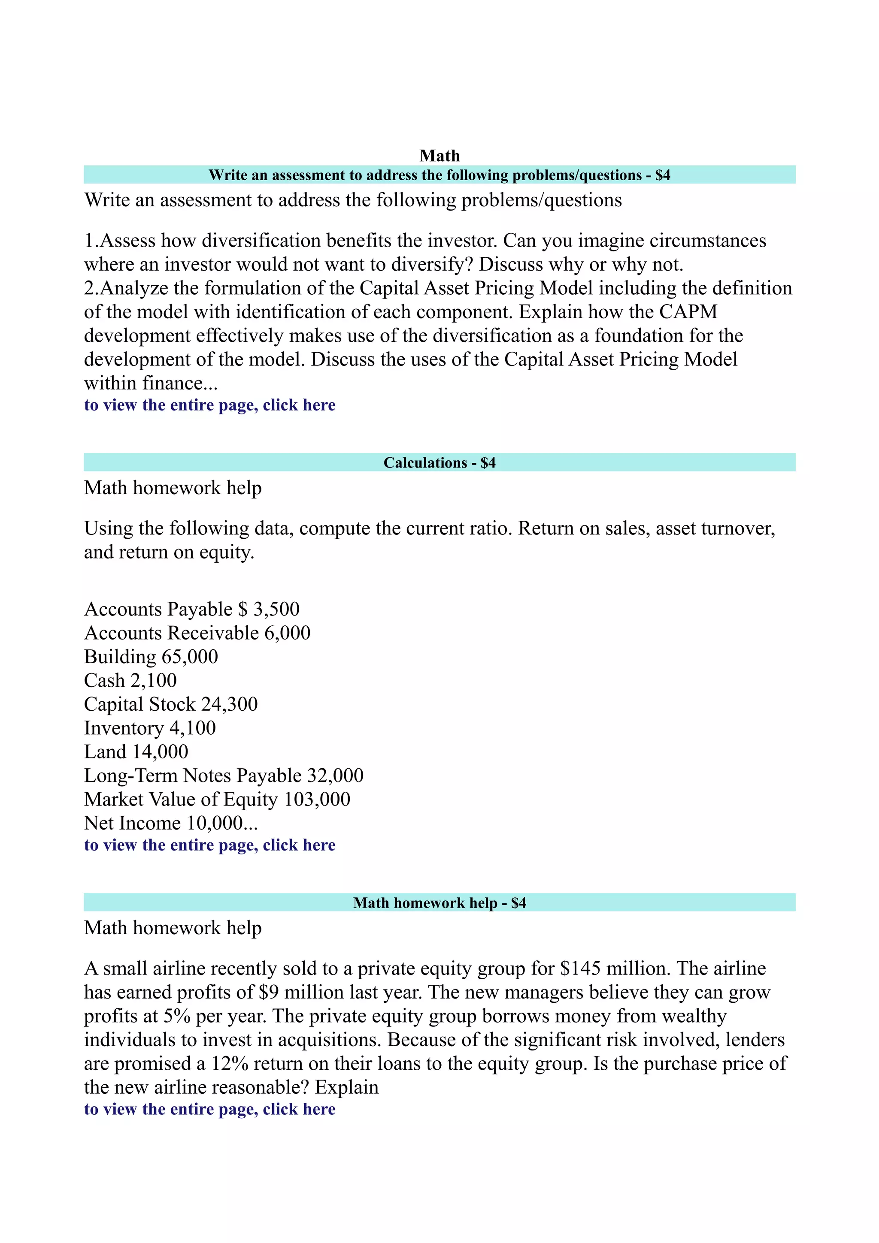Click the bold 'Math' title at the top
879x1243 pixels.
coord(439,156)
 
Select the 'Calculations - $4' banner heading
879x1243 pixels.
coord(439,462)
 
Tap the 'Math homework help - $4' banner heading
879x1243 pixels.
coord(439,902)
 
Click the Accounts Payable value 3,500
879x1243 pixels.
coord(276,609)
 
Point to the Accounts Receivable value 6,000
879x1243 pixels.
coord(287,633)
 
